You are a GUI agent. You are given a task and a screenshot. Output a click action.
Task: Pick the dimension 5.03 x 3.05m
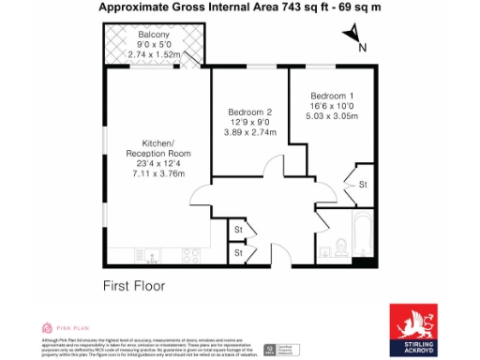pyautogui.click(x=335, y=119)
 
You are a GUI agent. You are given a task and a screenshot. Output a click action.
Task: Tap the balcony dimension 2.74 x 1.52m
pyautogui.click(x=154, y=54)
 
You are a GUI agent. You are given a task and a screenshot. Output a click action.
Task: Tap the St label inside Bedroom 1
pyautogui.click(x=363, y=185)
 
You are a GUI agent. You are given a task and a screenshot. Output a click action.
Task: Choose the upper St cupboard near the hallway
pyautogui.click(x=238, y=229)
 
